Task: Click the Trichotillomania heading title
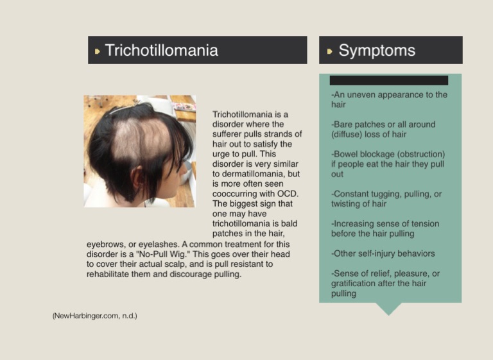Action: click(161, 50)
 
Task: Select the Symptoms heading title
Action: click(377, 50)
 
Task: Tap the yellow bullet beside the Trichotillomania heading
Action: click(97, 51)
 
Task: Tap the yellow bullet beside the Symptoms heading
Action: click(329, 51)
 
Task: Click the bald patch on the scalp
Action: click(139, 139)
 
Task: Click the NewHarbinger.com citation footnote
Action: click(94, 316)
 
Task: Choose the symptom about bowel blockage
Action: click(388, 164)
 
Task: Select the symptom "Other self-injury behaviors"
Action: click(383, 253)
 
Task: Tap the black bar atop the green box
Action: click(389, 80)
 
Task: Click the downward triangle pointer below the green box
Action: click(388, 309)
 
